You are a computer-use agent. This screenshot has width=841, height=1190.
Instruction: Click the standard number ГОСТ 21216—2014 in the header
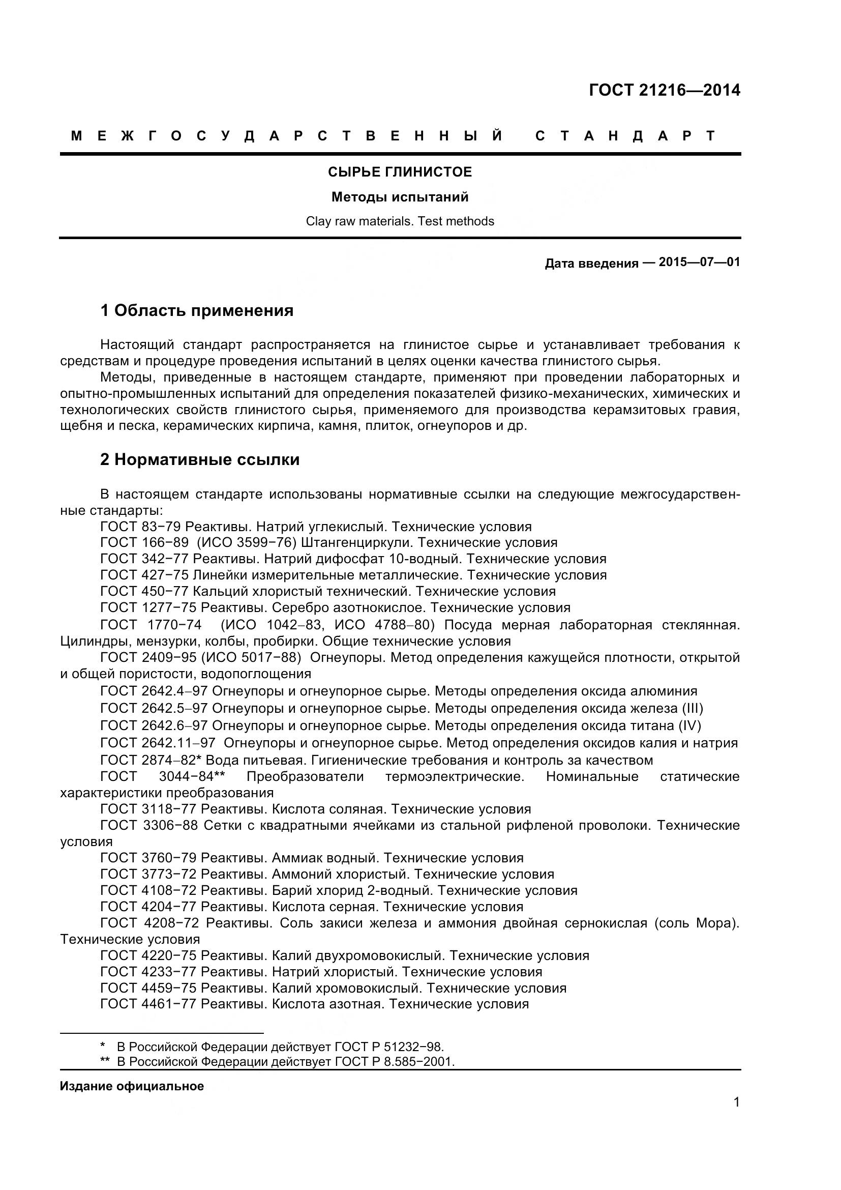(x=665, y=90)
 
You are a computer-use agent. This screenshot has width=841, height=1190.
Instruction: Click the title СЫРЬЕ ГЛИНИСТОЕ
(x=400, y=172)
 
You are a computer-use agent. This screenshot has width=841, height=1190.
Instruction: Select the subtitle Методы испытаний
(x=400, y=197)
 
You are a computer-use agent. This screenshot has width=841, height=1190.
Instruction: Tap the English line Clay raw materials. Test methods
(x=400, y=221)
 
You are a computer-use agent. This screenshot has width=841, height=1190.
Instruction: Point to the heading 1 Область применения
(x=197, y=310)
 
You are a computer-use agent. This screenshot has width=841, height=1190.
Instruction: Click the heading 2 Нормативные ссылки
(x=200, y=460)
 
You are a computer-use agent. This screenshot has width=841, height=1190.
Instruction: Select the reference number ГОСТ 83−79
(x=140, y=527)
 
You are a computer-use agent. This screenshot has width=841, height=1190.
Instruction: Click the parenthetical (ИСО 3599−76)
(x=247, y=543)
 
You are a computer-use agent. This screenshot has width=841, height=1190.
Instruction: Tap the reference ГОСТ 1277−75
(x=148, y=607)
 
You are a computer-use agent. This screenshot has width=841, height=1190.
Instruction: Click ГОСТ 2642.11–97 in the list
(x=158, y=743)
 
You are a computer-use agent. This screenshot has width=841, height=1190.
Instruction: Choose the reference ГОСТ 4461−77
(x=148, y=1004)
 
